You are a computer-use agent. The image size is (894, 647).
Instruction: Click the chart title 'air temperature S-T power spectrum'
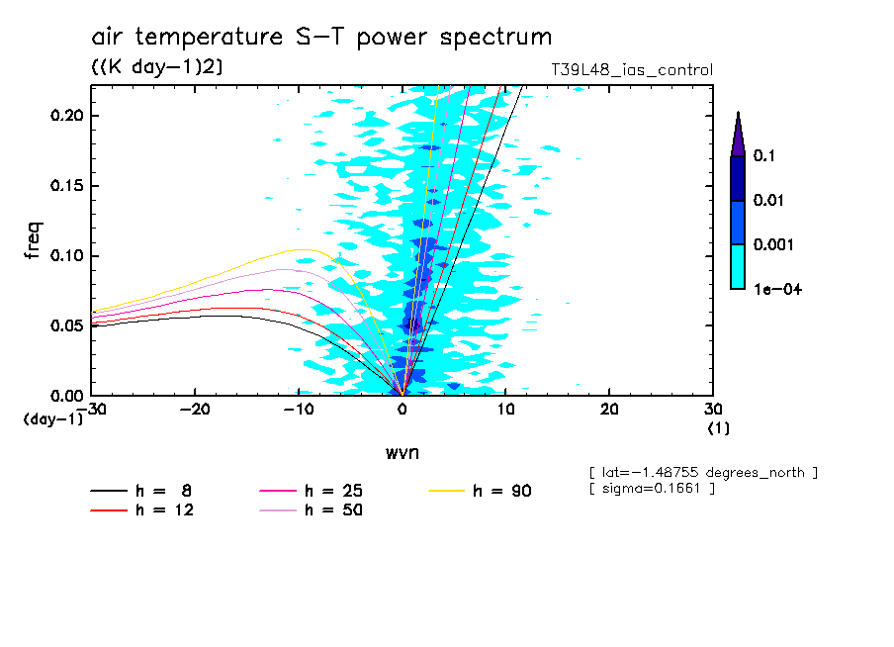click(x=321, y=38)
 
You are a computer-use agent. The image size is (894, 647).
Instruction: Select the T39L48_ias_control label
click(x=632, y=70)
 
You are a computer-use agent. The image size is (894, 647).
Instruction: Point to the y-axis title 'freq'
click(x=34, y=240)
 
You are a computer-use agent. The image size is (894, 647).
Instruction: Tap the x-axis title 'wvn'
click(x=402, y=452)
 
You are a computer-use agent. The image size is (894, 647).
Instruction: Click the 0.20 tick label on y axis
click(x=68, y=116)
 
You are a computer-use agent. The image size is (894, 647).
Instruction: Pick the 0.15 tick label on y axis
click(x=68, y=186)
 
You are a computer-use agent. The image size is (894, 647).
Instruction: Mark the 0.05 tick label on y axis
click(x=68, y=325)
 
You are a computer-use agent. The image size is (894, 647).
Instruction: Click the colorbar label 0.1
click(x=762, y=156)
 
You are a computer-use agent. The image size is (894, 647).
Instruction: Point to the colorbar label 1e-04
click(x=774, y=289)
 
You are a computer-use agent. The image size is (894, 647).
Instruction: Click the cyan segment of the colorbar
click(x=738, y=267)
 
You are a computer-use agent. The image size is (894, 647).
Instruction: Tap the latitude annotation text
click(x=703, y=473)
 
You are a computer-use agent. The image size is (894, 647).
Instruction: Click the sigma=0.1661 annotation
click(x=652, y=489)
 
